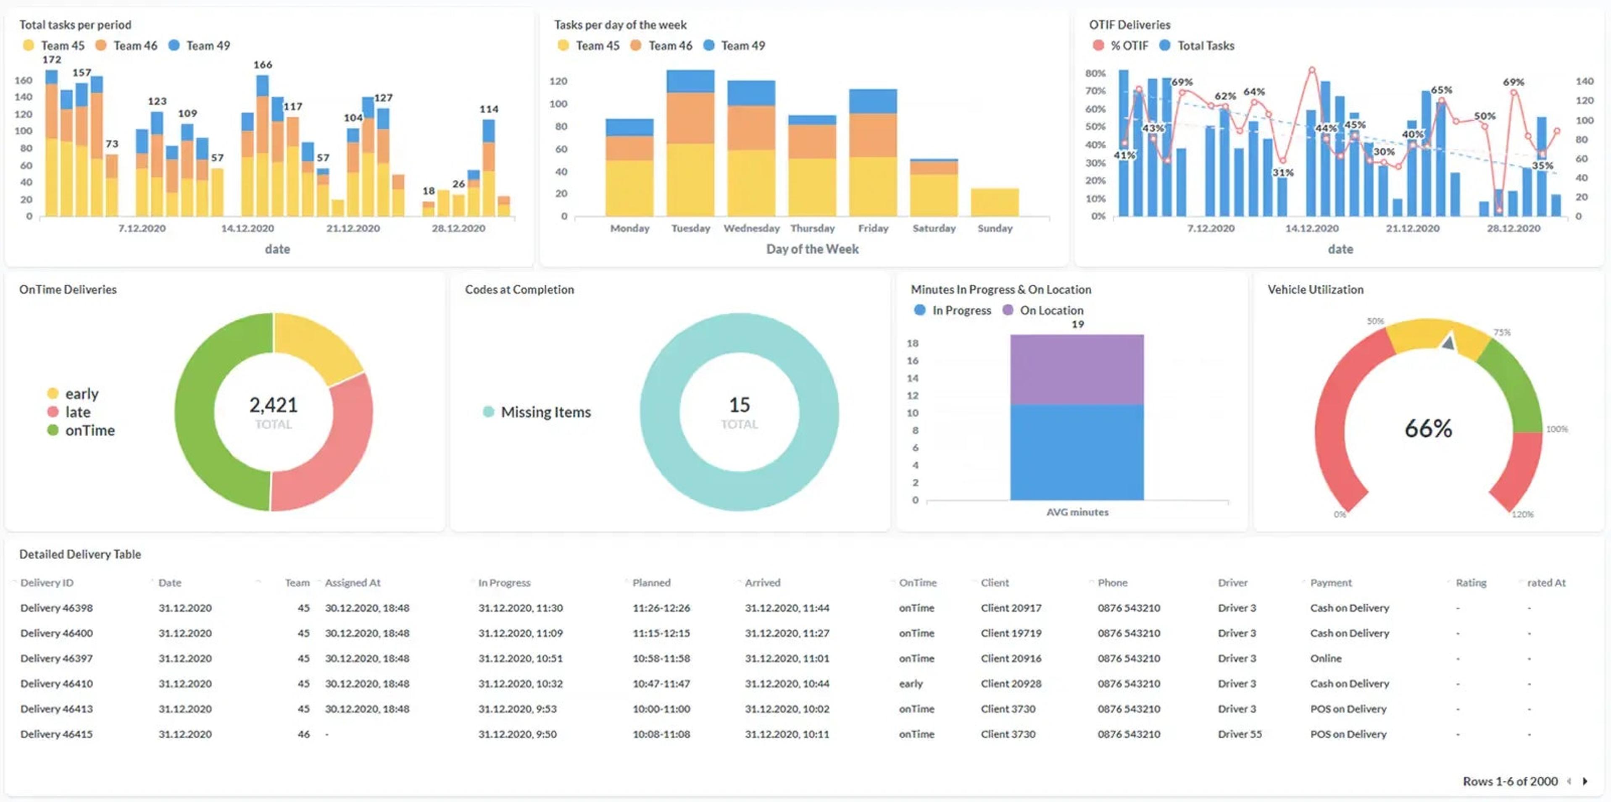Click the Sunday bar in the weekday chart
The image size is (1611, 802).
click(x=994, y=202)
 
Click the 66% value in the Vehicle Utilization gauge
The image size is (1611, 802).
click(x=1428, y=428)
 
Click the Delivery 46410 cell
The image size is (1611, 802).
click(x=56, y=683)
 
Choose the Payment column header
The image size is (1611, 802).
click(x=1330, y=582)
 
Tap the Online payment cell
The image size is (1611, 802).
click(x=1325, y=658)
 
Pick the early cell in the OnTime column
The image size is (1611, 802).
click(x=911, y=683)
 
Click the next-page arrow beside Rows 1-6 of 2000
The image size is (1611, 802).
click(x=1585, y=781)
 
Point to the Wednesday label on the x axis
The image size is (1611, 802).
click(x=751, y=228)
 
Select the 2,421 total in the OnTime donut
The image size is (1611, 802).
click(x=273, y=405)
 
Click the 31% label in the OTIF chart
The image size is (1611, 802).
click(x=1283, y=173)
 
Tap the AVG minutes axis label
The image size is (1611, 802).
click(x=1077, y=512)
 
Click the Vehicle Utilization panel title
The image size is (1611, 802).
click(x=1315, y=289)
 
